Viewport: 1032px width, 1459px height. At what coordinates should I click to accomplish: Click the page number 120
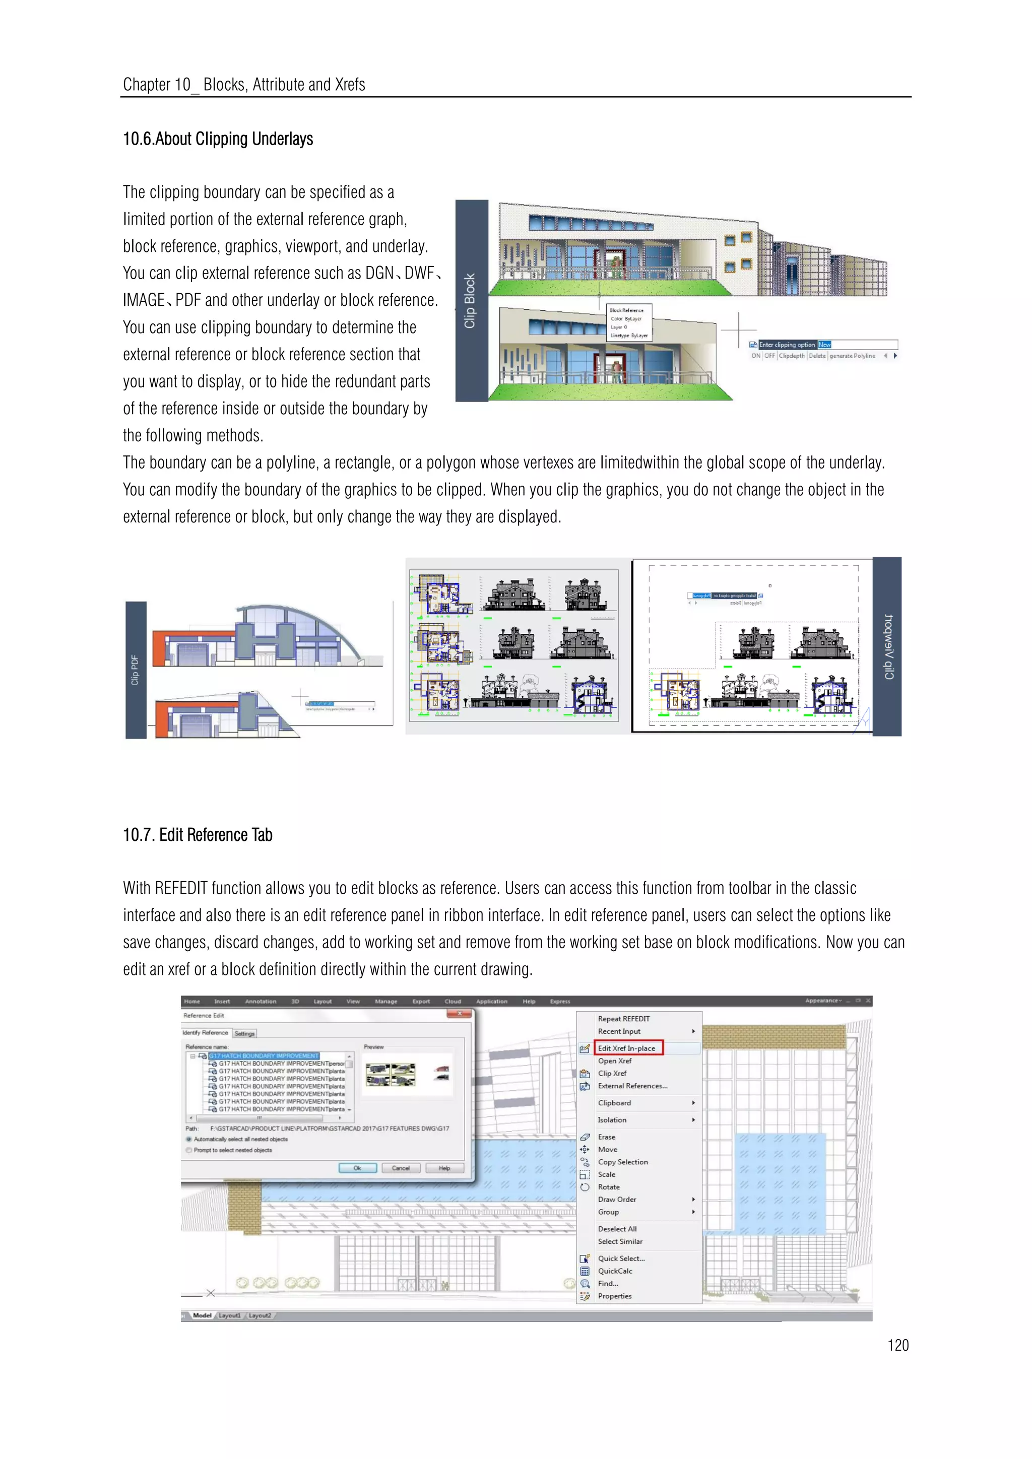click(x=897, y=1345)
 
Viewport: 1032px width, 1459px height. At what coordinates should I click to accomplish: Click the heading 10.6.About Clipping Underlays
click(x=218, y=139)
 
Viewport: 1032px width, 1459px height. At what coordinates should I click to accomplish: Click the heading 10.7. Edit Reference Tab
click(x=198, y=835)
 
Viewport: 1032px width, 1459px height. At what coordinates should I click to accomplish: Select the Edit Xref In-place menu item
click(x=626, y=1048)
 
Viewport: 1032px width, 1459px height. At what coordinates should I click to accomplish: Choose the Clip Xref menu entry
click(x=612, y=1073)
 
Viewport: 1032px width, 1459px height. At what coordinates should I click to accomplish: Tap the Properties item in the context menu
click(x=614, y=1296)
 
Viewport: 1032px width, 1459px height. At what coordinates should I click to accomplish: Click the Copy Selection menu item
click(x=623, y=1162)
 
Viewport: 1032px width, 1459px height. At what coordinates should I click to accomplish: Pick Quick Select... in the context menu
click(x=621, y=1258)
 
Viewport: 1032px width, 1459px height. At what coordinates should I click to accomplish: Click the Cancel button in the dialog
click(x=400, y=1168)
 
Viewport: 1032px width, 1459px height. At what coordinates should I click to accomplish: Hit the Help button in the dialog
click(x=444, y=1168)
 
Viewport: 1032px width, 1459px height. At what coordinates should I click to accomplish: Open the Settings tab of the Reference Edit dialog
click(x=245, y=1033)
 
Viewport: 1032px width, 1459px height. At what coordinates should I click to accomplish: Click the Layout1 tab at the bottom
click(x=229, y=1315)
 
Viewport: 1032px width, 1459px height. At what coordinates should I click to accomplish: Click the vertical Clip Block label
click(x=470, y=301)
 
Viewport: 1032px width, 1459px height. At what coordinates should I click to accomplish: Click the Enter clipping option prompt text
click(x=787, y=345)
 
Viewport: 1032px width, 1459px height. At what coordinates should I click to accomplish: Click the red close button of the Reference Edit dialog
click(x=460, y=1014)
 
